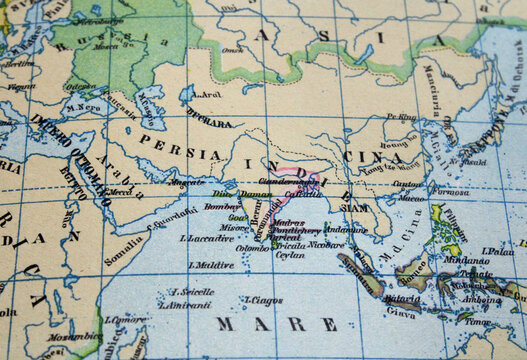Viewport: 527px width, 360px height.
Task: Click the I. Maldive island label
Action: (x=211, y=265)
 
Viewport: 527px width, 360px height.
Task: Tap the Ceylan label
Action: (x=290, y=255)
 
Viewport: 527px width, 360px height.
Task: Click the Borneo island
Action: (x=418, y=270)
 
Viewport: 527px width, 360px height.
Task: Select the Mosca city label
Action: (x=103, y=46)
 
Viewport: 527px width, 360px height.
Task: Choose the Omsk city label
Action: (x=233, y=49)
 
